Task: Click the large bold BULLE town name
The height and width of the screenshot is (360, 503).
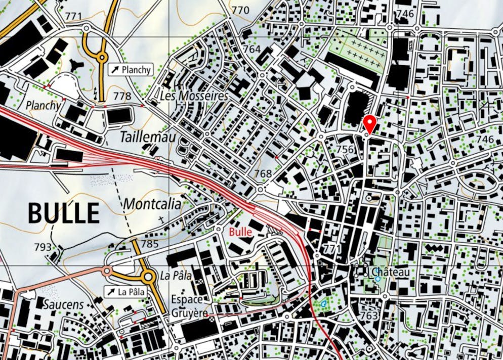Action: [x=64, y=213]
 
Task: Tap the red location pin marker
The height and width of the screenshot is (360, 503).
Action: [x=370, y=123]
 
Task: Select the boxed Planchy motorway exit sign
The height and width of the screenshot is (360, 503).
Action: [x=131, y=70]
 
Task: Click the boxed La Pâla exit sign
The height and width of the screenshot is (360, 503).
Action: [x=125, y=292]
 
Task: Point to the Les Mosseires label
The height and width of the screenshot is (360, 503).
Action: [x=194, y=96]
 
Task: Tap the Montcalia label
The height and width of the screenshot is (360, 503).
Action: [x=152, y=204]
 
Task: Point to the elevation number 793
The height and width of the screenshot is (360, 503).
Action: [x=43, y=247]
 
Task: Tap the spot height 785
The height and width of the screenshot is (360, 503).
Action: [x=150, y=244]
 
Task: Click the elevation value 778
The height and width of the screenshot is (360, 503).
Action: [x=122, y=96]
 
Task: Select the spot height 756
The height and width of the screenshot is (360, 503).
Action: [x=345, y=149]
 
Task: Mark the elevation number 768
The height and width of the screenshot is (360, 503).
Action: [x=263, y=174]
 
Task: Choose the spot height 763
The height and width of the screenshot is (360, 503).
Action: [x=369, y=316]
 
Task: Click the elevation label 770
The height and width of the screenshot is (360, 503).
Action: [x=241, y=10]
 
